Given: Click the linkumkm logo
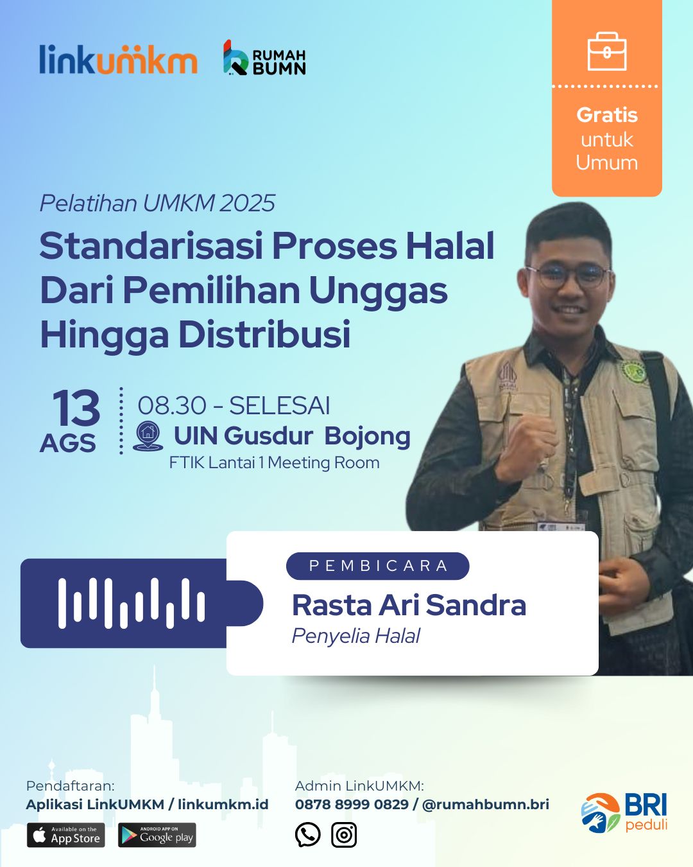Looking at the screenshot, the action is point(118,59).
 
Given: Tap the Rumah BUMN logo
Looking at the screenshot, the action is point(264,58).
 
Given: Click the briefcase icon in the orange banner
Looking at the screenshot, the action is point(607,51).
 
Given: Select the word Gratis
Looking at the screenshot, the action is point(607,115).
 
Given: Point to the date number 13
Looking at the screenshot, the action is point(76,408).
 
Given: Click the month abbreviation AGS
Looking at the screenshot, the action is point(67,443).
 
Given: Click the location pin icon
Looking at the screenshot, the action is point(148,436).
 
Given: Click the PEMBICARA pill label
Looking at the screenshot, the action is point(378,566).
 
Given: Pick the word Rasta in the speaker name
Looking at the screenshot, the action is point(332,606).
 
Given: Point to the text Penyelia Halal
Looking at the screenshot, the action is point(356,636).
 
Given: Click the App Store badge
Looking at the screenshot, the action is point(66,835).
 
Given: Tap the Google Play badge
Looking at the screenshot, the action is point(157,835).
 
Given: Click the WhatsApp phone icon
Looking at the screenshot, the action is point(307,835).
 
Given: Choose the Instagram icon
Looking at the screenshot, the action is point(344,835).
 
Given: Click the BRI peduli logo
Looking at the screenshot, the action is point(624,812).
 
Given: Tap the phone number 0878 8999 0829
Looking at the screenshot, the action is point(352,805).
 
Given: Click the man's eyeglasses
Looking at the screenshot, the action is point(568,276).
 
